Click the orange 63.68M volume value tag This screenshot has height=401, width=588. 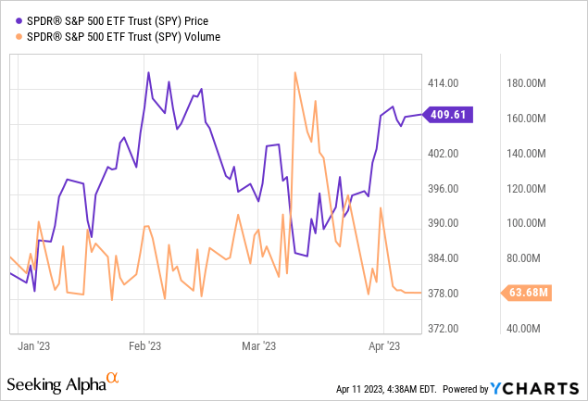point(529,294)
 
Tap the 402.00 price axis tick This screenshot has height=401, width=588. point(444,154)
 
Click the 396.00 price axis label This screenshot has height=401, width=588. point(444,189)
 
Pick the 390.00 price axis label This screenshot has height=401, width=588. point(444,223)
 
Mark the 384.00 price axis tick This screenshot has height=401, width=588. point(444,258)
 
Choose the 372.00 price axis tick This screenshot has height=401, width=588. point(444,329)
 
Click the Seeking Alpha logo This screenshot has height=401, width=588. point(62,382)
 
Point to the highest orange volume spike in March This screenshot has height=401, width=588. point(294,72)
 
